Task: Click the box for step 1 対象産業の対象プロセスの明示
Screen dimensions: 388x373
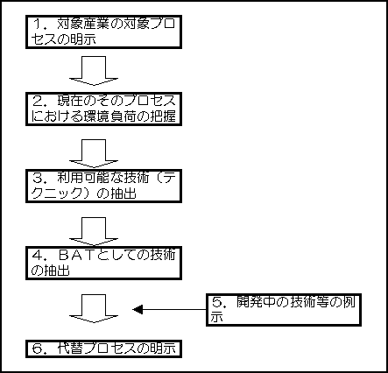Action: click(103, 32)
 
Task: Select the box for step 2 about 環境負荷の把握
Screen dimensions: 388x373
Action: click(103, 109)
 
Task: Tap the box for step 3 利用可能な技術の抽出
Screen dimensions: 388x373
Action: click(103, 186)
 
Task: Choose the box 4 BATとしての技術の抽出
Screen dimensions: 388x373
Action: click(103, 263)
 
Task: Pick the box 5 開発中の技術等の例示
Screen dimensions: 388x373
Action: click(284, 310)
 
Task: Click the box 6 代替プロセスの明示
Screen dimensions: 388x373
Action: click(103, 348)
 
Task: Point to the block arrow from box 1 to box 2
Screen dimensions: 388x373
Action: click(94, 71)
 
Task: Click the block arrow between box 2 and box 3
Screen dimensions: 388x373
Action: click(94, 153)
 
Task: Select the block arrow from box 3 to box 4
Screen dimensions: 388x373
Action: click(94, 231)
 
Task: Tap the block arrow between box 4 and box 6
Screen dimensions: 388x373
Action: click(94, 308)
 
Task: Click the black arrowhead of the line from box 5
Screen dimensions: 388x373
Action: click(138, 309)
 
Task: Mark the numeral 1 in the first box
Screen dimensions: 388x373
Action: click(38, 24)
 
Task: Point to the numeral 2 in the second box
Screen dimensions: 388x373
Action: click(39, 101)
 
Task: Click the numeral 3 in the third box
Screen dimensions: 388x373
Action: click(39, 178)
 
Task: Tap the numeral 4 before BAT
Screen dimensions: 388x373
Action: click(39, 256)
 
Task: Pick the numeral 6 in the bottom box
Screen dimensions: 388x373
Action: click(39, 348)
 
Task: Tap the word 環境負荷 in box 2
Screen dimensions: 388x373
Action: click(104, 116)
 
